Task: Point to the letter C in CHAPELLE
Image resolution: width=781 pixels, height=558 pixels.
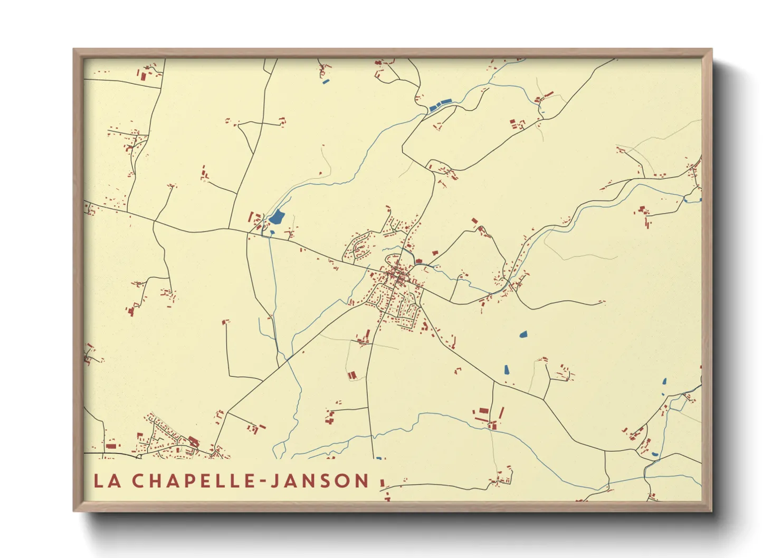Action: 138,480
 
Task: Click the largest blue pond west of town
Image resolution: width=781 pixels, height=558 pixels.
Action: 277,217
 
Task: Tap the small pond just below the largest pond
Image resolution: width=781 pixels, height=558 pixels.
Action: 272,232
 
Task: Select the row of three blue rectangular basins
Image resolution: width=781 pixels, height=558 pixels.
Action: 441,104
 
